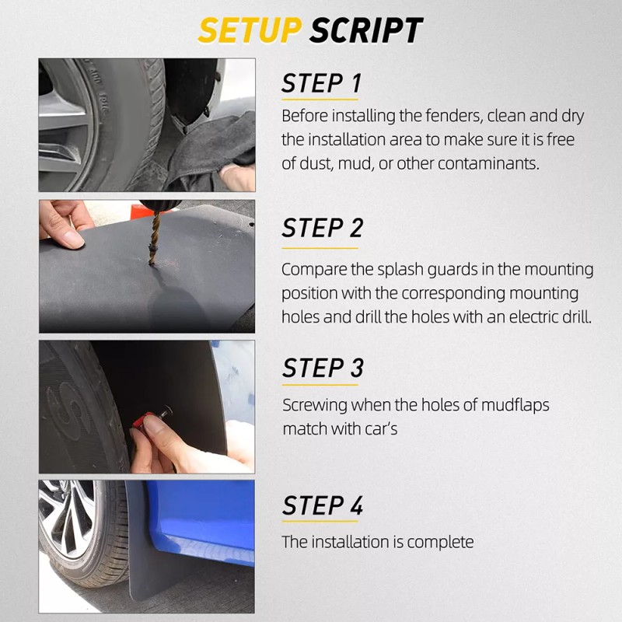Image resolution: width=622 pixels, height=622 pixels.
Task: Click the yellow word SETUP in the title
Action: click(x=250, y=30)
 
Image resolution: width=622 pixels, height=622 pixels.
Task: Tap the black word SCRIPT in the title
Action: click(x=366, y=30)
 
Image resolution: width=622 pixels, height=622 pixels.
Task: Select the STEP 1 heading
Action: click(x=322, y=83)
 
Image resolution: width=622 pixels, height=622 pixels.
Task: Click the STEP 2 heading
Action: click(x=323, y=228)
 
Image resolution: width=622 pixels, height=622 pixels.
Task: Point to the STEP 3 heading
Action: click(x=323, y=368)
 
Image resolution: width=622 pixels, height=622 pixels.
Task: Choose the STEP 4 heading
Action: click(x=323, y=505)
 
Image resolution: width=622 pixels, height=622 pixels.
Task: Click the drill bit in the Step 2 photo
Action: click(x=153, y=237)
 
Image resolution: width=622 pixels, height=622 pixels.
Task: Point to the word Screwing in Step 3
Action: click(x=315, y=405)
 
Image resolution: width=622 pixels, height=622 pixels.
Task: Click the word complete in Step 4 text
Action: click(x=440, y=542)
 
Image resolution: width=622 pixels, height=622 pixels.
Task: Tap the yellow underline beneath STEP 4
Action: click(x=320, y=521)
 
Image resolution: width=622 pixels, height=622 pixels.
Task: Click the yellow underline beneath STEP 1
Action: click(x=320, y=100)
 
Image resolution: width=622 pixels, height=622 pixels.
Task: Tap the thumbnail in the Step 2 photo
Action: click(x=74, y=239)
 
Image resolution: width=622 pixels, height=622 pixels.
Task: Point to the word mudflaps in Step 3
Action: click(x=515, y=405)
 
